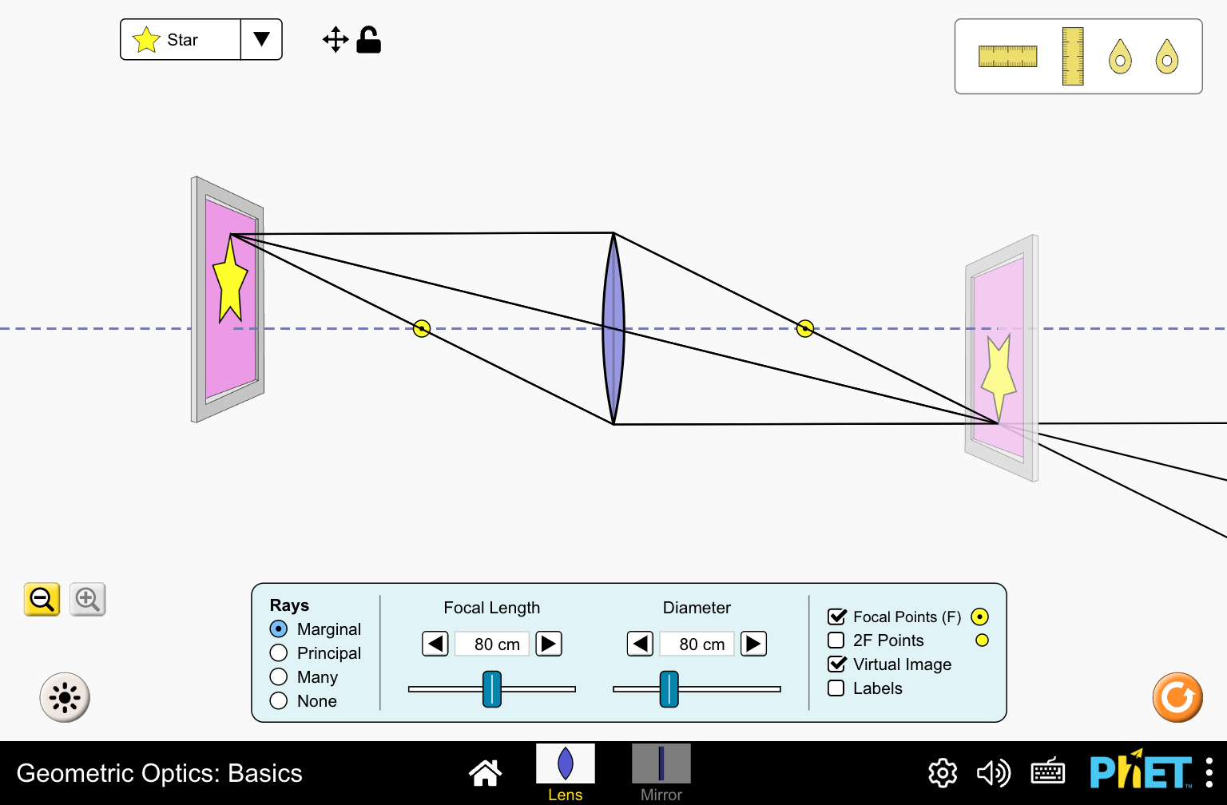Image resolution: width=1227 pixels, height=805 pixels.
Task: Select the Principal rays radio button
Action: pos(279,653)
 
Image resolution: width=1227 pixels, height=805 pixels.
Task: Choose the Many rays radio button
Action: pos(279,677)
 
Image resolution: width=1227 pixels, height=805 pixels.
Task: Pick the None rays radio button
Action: pos(279,701)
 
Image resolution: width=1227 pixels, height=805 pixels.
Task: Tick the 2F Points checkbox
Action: pos(836,640)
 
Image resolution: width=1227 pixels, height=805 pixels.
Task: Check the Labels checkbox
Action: pos(836,688)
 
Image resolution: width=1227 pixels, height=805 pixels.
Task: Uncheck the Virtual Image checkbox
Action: pos(836,664)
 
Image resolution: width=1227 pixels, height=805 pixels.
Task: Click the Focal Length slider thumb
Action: pos(492,688)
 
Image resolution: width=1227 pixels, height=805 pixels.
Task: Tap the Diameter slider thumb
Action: pos(669,688)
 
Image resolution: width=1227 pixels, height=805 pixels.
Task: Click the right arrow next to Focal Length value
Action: pos(549,644)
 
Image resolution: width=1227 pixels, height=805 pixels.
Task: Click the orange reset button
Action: pos(1177,697)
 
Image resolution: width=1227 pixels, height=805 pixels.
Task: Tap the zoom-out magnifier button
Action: pos(42,599)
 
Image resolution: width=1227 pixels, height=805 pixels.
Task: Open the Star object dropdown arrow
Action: pos(261,39)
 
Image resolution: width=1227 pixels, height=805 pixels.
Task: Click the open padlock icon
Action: pos(368,40)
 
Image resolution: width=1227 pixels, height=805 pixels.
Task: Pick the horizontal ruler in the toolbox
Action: pos(1008,57)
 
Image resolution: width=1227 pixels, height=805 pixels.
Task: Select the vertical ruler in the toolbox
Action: pos(1073,57)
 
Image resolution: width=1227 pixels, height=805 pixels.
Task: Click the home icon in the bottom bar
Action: pos(485,772)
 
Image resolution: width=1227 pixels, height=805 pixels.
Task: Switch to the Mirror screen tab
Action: pos(661,772)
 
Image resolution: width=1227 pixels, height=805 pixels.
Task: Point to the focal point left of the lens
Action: pos(422,328)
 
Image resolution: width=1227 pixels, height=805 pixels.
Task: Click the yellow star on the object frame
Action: pos(230,284)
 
